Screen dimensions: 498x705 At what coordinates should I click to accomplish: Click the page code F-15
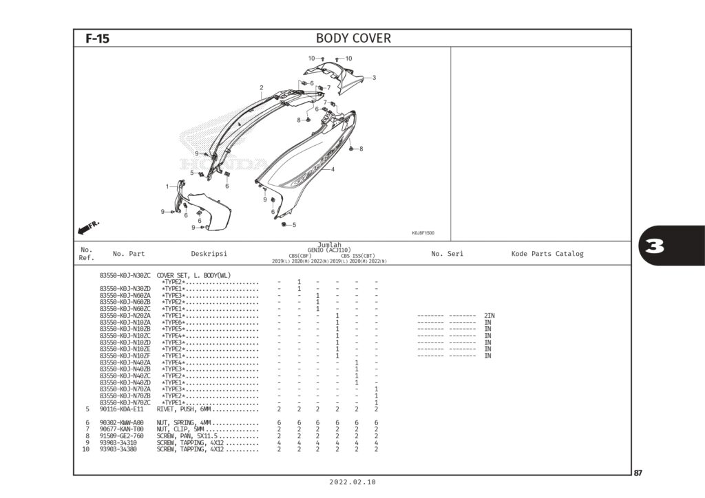[97, 39]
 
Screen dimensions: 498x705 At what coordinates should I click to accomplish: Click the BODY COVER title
[352, 39]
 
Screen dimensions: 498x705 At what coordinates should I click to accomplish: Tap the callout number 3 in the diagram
[374, 78]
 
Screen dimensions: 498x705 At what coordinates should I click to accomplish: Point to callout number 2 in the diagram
[262, 87]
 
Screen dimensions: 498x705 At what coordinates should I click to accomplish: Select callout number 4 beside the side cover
[333, 169]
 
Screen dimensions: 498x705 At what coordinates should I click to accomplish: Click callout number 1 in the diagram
[167, 186]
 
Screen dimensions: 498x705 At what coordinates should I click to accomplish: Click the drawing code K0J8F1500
[423, 233]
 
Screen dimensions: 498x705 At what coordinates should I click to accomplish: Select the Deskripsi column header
[209, 254]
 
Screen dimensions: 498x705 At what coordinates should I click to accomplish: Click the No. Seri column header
[447, 254]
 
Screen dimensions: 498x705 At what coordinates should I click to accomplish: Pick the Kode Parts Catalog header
[547, 254]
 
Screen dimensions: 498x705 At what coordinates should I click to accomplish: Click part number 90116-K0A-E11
[122, 409]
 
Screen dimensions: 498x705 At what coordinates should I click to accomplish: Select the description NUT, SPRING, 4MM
[184, 422]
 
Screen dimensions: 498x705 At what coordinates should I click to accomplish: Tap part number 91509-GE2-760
[122, 435]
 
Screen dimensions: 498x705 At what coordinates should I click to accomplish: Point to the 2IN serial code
[490, 315]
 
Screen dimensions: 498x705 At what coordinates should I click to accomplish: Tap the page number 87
[638, 473]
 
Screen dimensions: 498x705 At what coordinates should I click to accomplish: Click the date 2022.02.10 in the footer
[352, 483]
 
